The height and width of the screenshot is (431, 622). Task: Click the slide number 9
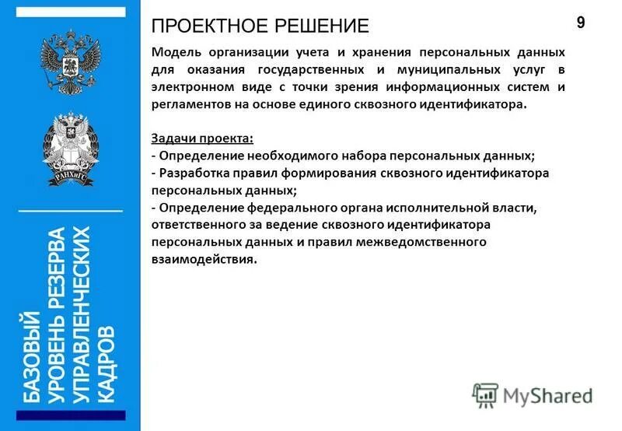pos(581,23)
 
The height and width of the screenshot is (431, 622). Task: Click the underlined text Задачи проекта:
pos(202,138)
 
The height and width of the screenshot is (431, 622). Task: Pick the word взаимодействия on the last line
pos(204,259)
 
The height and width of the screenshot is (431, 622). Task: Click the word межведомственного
pos(421,242)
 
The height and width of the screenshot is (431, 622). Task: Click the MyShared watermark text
pos(547,394)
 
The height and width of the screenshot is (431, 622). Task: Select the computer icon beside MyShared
pos(484,394)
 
